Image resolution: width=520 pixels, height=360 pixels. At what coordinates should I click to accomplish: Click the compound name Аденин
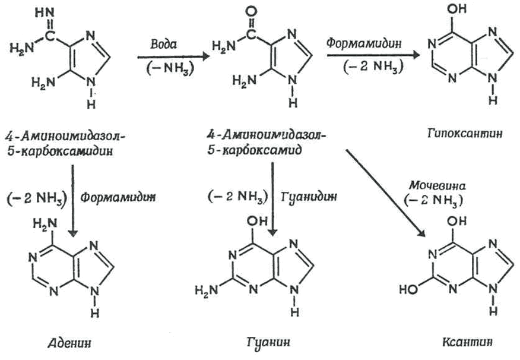(69, 342)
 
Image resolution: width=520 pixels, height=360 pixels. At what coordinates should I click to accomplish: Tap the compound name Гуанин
(268, 342)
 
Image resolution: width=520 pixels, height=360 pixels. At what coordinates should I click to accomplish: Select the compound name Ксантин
(467, 342)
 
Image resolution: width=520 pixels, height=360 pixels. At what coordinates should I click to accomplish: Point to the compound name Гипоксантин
(465, 133)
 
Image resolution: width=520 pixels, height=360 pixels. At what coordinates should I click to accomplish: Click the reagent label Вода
(163, 44)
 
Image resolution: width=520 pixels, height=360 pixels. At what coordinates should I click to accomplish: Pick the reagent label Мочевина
(437, 185)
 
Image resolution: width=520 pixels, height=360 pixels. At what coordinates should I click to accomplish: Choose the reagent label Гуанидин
(309, 197)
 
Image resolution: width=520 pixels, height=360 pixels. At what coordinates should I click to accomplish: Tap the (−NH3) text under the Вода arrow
(170, 68)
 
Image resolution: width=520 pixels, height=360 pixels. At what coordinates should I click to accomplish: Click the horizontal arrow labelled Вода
(173, 57)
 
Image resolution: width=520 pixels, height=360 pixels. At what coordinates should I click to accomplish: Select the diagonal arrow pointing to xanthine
(386, 193)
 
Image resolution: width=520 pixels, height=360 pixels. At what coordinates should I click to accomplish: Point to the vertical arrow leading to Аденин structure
(72, 200)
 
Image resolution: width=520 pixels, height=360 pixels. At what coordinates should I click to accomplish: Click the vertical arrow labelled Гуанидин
(272, 199)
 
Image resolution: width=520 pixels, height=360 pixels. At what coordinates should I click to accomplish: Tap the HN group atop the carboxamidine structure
(45, 13)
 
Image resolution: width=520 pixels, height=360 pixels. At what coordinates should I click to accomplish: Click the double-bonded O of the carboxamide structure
(251, 12)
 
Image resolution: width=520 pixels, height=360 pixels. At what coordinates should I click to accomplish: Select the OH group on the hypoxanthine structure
(457, 9)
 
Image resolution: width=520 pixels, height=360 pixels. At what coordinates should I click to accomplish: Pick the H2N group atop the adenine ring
(45, 224)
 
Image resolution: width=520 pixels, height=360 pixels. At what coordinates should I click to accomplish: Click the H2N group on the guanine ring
(207, 290)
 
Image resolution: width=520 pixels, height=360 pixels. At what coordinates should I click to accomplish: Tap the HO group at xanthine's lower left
(409, 289)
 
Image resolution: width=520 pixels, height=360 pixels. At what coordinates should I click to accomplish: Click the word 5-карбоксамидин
(60, 151)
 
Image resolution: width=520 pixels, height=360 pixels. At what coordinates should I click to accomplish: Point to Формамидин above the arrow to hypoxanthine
(364, 43)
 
